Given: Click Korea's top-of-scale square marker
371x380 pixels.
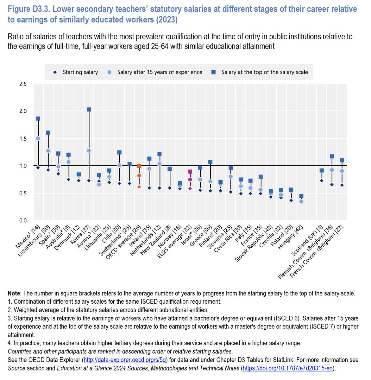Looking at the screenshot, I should click(x=89, y=110).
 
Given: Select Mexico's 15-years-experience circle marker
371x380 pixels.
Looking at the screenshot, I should click(x=38, y=138).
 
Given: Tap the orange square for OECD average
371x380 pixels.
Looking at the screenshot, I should click(x=139, y=166).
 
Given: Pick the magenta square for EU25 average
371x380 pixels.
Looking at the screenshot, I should click(x=190, y=172).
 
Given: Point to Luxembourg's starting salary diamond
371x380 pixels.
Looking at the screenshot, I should click(x=48, y=170).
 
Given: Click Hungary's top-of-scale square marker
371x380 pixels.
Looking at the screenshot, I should click(x=301, y=196).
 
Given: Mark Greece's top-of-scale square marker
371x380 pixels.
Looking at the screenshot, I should click(x=210, y=162).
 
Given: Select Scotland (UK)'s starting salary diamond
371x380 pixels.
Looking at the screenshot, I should click(x=322, y=181).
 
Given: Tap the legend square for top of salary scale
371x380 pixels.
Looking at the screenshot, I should click(x=214, y=72).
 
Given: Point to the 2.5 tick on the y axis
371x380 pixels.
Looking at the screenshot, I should click(x=23, y=84).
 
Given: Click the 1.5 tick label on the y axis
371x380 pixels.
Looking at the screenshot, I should click(x=23, y=139).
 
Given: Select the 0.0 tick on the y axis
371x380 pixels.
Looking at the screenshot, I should click(x=23, y=221).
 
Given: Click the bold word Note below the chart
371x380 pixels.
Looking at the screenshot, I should click(x=14, y=294).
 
